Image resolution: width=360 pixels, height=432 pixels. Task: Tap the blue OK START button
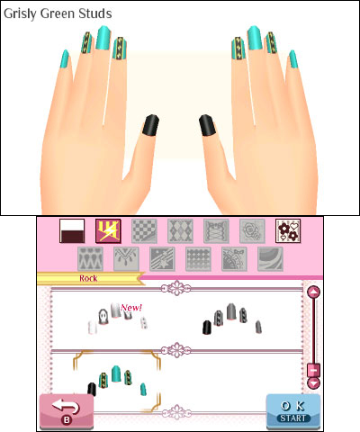pyautogui.click(x=293, y=411)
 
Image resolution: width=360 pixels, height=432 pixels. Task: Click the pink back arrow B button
pyautogui.click(x=67, y=411)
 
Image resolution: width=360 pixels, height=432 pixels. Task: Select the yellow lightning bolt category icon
pyautogui.click(x=108, y=231)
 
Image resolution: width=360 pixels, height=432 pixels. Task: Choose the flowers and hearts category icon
pyautogui.click(x=288, y=231)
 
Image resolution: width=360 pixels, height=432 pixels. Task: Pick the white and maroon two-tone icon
pyautogui.click(x=72, y=231)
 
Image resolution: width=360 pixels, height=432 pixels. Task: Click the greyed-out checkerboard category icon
pyautogui.click(x=144, y=231)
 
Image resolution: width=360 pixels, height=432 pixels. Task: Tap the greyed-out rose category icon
pyautogui.click(x=252, y=231)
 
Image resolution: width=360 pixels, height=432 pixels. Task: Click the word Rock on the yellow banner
pyautogui.click(x=88, y=278)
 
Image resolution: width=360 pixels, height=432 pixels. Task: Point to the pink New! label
pyautogui.click(x=131, y=308)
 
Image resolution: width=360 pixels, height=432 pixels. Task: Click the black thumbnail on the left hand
pyautogui.click(x=150, y=125)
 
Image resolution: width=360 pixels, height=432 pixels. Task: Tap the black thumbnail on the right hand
pyautogui.click(x=207, y=125)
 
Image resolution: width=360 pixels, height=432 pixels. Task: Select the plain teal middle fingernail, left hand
pyautogui.click(x=103, y=38)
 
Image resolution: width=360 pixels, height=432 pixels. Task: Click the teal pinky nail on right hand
pyautogui.click(x=293, y=58)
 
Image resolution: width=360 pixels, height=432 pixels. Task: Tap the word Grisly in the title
pyautogui.click(x=21, y=13)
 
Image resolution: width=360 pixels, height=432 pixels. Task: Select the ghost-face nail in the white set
pyautogui.click(x=103, y=317)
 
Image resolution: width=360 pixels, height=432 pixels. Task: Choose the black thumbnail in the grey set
pyautogui.click(x=207, y=328)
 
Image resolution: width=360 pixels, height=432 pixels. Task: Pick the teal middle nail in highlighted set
pyautogui.click(x=116, y=374)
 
